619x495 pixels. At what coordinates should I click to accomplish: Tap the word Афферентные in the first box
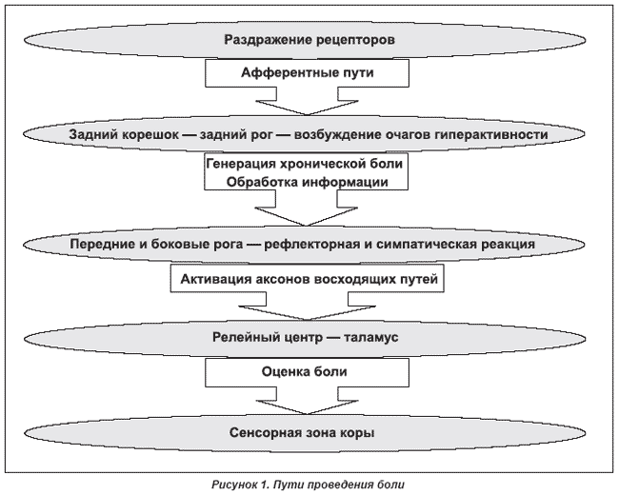286,73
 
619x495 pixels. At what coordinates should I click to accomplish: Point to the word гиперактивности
491,135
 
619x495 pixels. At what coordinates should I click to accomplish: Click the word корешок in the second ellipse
150,135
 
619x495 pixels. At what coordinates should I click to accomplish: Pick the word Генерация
241,164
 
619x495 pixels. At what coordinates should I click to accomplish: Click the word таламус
370,338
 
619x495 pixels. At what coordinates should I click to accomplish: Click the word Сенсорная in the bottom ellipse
266,433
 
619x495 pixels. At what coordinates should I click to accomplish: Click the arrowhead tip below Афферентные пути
308,115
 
